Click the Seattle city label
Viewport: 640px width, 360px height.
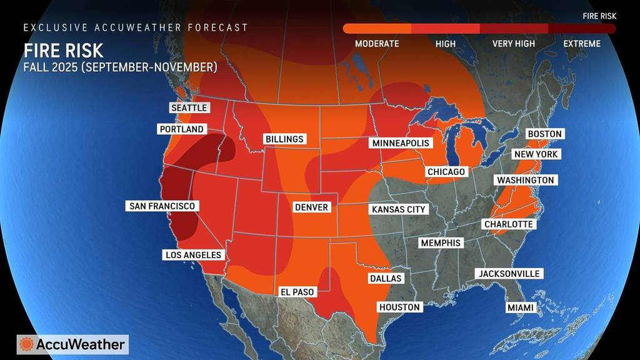pyautogui.click(x=189, y=107)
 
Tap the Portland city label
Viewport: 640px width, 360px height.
pyautogui.click(x=181, y=129)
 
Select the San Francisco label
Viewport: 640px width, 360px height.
pyautogui.click(x=162, y=206)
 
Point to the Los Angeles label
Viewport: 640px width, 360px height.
pyautogui.click(x=193, y=254)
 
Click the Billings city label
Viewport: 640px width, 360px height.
pyautogui.click(x=284, y=139)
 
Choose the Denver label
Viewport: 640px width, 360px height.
pyautogui.click(x=311, y=207)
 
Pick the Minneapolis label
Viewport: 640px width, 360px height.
pyautogui.click(x=401, y=143)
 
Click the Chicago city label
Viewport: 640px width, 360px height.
pyautogui.click(x=446, y=171)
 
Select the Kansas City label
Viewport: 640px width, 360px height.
pyautogui.click(x=398, y=209)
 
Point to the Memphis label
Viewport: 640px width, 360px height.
pyautogui.click(x=441, y=242)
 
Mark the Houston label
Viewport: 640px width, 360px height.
pyautogui.click(x=399, y=307)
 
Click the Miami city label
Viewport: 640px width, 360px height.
pyautogui.click(x=520, y=308)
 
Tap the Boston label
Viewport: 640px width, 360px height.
pyautogui.click(x=545, y=134)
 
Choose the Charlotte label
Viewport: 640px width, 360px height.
pyautogui.click(x=509, y=224)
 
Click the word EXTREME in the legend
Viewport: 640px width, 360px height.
pyautogui.click(x=581, y=44)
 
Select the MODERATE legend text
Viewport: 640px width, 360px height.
pyautogui.click(x=377, y=44)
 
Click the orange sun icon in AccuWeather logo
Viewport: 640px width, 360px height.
pyautogui.click(x=27, y=344)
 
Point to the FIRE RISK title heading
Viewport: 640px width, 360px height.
pyautogui.click(x=64, y=50)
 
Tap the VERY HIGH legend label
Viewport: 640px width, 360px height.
pyautogui.click(x=513, y=44)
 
